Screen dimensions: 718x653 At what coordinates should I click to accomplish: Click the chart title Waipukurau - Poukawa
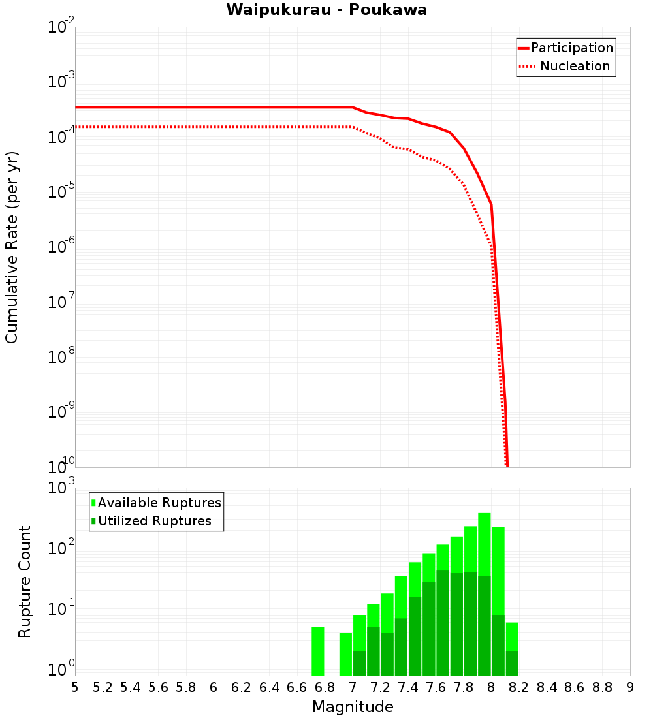click(x=326, y=10)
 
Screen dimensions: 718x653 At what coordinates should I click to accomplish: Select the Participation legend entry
click(x=571, y=48)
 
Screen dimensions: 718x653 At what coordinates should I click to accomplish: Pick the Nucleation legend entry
click(x=575, y=66)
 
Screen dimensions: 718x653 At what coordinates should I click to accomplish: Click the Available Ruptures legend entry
click(x=159, y=503)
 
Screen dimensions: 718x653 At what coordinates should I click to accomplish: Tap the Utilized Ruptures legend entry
click(x=154, y=521)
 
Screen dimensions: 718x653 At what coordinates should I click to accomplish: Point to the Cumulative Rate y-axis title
click(x=12, y=247)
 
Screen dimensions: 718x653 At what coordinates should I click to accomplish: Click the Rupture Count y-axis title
click(x=25, y=582)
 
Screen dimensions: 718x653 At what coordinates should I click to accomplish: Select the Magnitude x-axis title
click(x=353, y=707)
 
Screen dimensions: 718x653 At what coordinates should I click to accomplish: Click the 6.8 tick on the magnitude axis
click(x=325, y=687)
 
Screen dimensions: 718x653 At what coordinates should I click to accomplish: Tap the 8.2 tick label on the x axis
click(x=519, y=687)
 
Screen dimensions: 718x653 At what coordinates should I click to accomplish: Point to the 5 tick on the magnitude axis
click(x=75, y=687)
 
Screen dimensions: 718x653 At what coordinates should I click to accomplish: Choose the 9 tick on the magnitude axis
click(x=630, y=687)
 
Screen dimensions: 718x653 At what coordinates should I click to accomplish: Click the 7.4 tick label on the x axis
click(x=408, y=687)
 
